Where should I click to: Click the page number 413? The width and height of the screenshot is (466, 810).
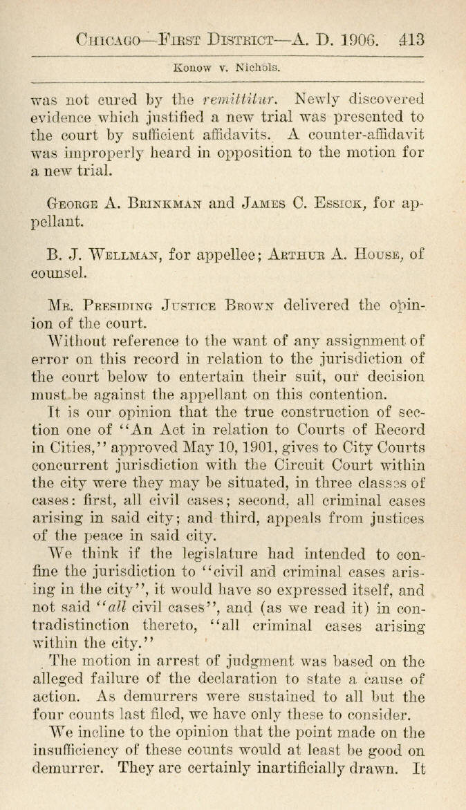(x=411, y=39)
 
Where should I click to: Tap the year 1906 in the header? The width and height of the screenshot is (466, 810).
(x=367, y=39)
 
